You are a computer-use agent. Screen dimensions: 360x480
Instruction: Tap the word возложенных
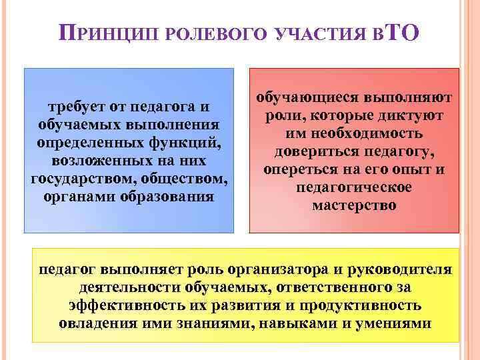point(95,161)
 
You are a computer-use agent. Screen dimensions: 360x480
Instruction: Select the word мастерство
point(354,206)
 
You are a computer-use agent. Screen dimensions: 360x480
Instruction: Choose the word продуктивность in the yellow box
point(361,306)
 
